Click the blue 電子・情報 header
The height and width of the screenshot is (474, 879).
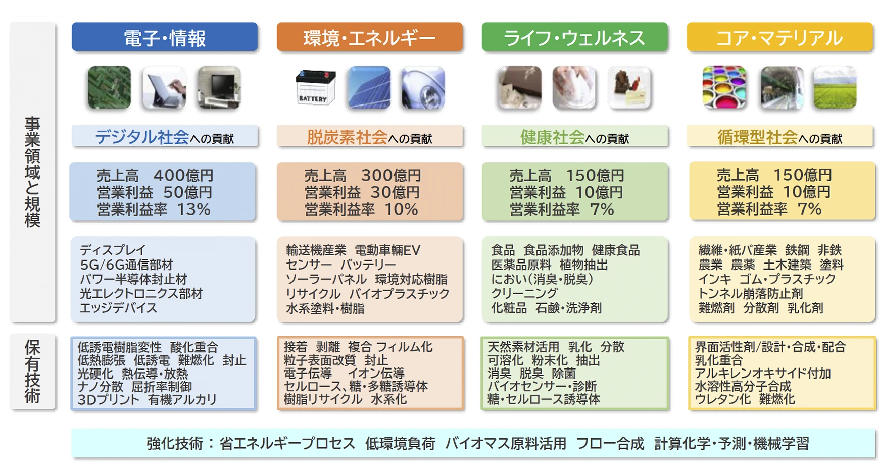tap(164, 37)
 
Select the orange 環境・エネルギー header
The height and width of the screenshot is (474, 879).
tap(369, 37)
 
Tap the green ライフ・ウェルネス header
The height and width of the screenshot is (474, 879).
tap(574, 37)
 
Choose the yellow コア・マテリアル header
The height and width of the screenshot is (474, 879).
tap(779, 37)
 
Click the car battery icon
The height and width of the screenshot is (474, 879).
tap(315, 88)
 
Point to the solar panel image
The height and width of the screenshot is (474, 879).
tap(369, 88)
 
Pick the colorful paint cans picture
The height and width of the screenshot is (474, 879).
tap(724, 88)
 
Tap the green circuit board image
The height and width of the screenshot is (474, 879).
tap(109, 88)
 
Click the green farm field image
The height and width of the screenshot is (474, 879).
tap(835, 88)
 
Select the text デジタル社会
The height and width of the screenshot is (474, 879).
tap(142, 137)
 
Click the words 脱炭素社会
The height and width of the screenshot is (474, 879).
tap(347, 137)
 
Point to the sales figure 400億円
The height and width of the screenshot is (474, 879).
tap(183, 176)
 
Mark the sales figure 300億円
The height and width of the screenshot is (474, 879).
tap(390, 176)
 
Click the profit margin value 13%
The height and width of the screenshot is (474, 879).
tap(193, 209)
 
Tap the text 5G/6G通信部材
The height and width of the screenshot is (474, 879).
tap(126, 265)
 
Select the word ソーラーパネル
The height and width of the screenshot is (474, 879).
tap(326, 279)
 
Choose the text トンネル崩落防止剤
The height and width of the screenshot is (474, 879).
tap(750, 294)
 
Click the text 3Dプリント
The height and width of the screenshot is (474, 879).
tap(108, 400)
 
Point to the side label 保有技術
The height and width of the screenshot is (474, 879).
tap(32, 372)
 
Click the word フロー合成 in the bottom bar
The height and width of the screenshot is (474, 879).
tap(610, 444)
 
